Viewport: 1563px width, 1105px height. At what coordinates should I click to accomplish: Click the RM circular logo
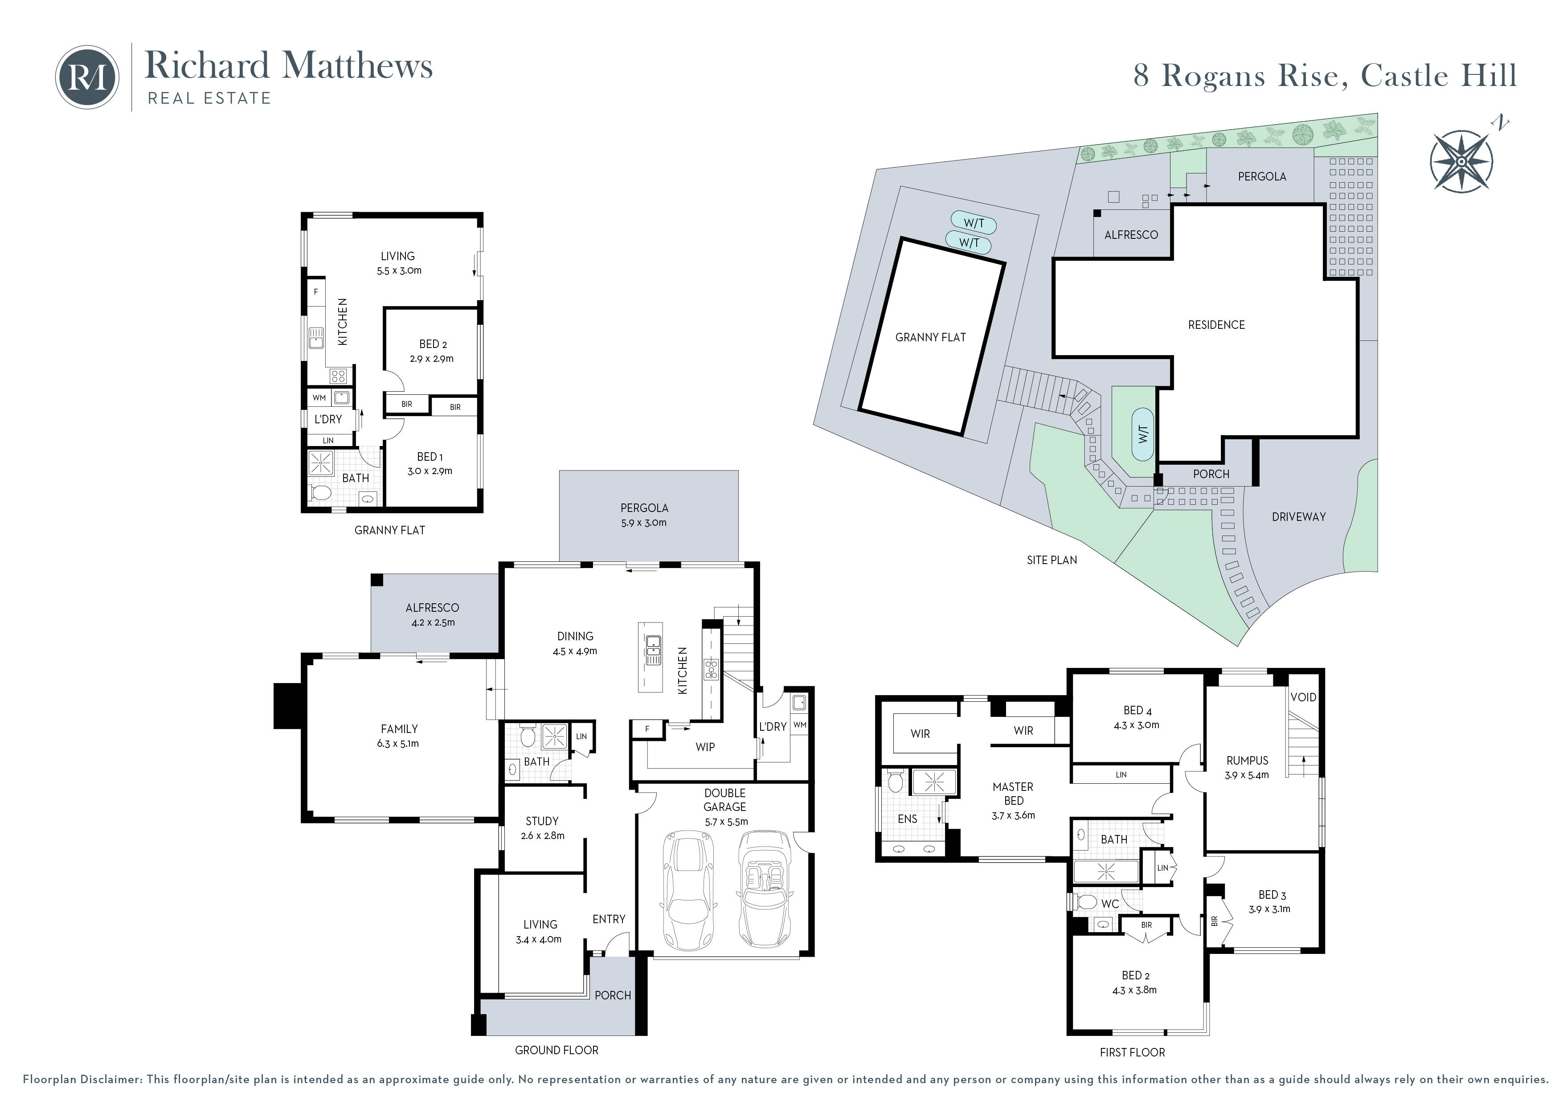pyautogui.click(x=87, y=78)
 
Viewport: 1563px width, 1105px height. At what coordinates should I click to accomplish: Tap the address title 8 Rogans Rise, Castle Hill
pyautogui.click(x=1325, y=76)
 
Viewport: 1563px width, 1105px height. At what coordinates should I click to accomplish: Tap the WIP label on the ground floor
pyautogui.click(x=704, y=747)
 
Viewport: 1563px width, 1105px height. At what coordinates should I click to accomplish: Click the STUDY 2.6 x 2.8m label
pyautogui.click(x=542, y=828)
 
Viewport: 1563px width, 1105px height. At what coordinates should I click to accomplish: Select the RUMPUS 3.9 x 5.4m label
pyautogui.click(x=1247, y=767)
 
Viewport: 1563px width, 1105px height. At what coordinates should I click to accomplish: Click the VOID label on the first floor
pyautogui.click(x=1303, y=697)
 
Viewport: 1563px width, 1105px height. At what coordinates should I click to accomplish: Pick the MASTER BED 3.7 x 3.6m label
pyautogui.click(x=1013, y=801)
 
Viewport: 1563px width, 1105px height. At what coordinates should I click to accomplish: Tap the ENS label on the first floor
pyautogui.click(x=908, y=819)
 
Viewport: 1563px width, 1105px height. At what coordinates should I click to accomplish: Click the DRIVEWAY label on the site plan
pyautogui.click(x=1298, y=517)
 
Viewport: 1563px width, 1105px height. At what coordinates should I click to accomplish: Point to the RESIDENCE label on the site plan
pyautogui.click(x=1216, y=325)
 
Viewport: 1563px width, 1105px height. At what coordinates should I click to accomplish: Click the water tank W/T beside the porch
pyautogui.click(x=1143, y=434)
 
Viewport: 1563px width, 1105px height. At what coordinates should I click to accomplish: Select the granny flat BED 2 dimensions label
pyautogui.click(x=432, y=359)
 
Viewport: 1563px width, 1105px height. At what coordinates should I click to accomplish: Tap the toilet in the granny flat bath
pyautogui.click(x=320, y=492)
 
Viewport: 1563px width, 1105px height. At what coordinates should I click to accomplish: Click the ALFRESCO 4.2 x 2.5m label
pyautogui.click(x=432, y=614)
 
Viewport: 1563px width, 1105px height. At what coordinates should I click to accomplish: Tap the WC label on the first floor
pyautogui.click(x=1109, y=904)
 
